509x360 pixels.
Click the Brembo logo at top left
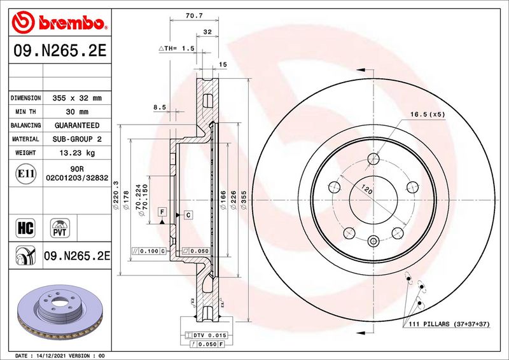coord(59,22)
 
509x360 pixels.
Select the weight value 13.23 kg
coord(77,153)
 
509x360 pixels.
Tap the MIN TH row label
coord(25,112)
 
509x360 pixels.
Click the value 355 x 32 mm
coord(77,98)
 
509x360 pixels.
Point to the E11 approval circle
coord(25,174)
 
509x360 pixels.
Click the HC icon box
coord(25,228)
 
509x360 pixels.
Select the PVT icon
coord(60,228)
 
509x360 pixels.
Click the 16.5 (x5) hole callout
coord(428,114)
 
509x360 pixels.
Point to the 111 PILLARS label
coord(449,324)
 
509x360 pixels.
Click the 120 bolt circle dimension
coord(367,189)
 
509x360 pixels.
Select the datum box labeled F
coord(162,212)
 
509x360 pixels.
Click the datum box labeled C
coord(188,214)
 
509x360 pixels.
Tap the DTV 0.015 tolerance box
coord(206,335)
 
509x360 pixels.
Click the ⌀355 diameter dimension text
coord(244,200)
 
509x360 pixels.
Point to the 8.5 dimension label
coord(160,107)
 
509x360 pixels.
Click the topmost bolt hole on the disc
coord(373,159)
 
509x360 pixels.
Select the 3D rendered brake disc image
coord(60,312)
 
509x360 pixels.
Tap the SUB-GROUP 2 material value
coord(77,139)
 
